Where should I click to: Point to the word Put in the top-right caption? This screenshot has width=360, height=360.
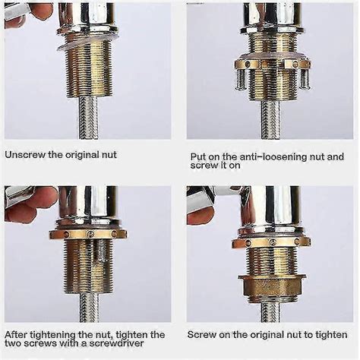click(199, 158)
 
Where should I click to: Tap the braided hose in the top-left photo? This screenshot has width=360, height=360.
click(88, 122)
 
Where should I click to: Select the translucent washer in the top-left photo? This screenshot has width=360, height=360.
click(88, 41)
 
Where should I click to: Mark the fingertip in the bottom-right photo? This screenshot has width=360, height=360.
click(199, 215)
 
